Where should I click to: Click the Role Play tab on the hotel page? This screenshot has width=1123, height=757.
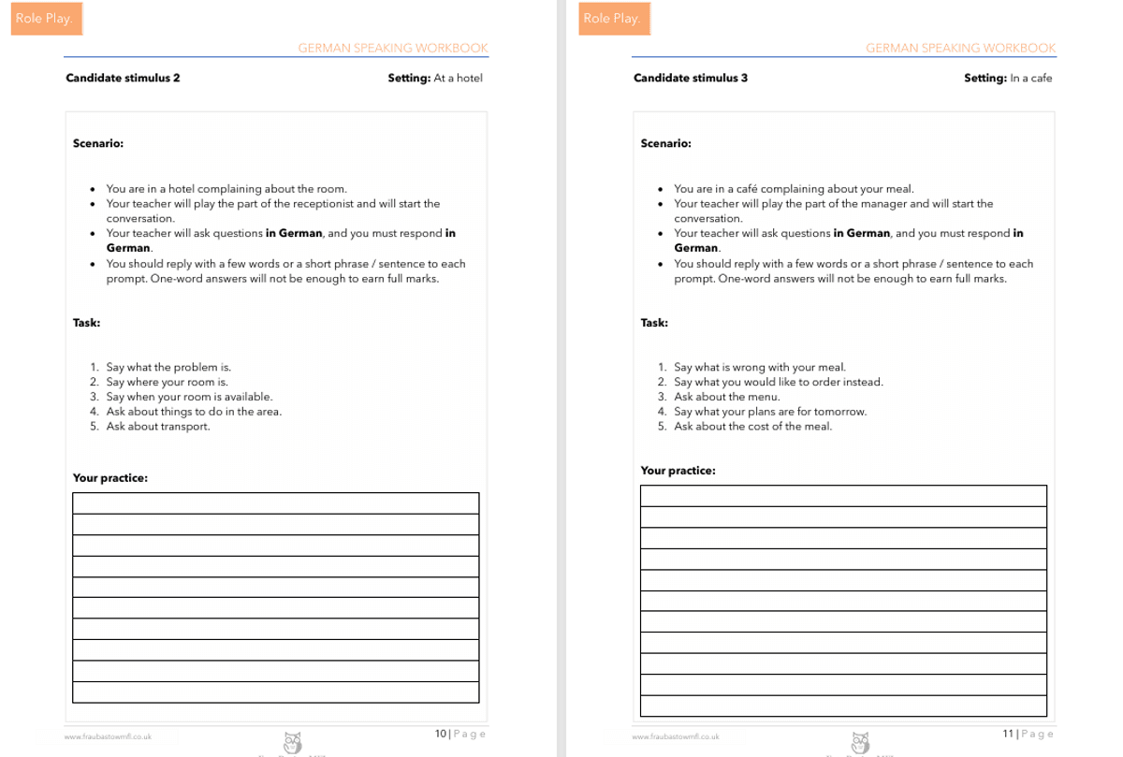pos(45,19)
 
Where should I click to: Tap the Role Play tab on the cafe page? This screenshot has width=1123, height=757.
pos(612,19)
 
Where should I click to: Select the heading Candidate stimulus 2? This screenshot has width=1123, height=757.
pos(123,79)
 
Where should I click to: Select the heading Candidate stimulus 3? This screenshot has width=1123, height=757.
pos(691,79)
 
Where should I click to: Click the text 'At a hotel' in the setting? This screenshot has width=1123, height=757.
pos(458,79)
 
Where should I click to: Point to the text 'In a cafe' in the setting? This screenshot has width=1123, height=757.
pos(1030,79)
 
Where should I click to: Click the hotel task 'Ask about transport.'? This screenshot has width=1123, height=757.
pos(158,427)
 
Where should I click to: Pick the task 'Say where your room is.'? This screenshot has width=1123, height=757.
pos(167,382)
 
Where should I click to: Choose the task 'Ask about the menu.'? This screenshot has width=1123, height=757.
pos(726,397)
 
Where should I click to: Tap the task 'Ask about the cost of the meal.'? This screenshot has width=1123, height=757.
pos(752,427)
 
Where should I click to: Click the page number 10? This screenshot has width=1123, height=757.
pos(440,734)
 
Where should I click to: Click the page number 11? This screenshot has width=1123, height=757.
pos(1008,734)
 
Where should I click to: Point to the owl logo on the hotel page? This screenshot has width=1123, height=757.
pos(292,742)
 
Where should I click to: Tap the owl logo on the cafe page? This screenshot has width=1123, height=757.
pos(860,742)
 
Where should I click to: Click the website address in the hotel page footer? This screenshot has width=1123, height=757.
pos(108,737)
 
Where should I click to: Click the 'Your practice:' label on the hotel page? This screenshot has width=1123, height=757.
pos(110,478)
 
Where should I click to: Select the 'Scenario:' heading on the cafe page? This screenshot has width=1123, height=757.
pos(665,144)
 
